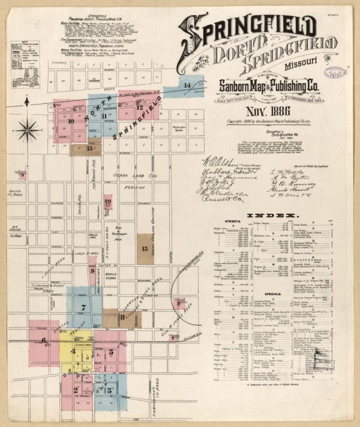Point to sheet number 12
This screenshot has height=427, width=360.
click(x=139, y=108)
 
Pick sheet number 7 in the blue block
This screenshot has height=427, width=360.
click(x=83, y=308)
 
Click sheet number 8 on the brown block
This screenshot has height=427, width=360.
click(x=122, y=316)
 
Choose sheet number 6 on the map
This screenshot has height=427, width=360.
click(x=44, y=340)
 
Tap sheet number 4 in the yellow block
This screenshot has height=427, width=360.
click(x=73, y=351)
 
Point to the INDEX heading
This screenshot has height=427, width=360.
click(x=273, y=215)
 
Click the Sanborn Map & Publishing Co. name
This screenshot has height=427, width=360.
click(x=266, y=85)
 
